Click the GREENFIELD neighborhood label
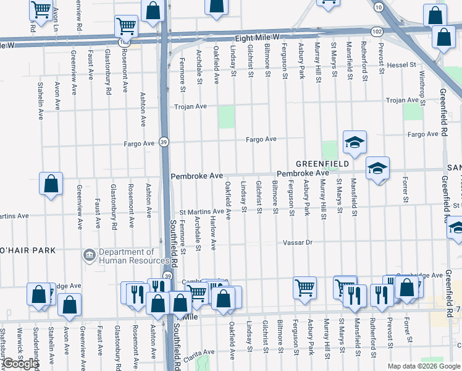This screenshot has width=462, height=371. (x=322, y=163)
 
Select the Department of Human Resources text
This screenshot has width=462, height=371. (x=127, y=256)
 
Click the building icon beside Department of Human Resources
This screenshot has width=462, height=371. (x=90, y=255)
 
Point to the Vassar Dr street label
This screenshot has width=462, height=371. (x=298, y=242)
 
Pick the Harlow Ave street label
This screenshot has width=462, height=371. (x=213, y=233)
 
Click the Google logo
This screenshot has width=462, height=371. (x=20, y=364)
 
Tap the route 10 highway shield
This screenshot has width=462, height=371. (x=378, y=6)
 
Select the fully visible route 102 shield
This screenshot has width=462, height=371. (x=377, y=31)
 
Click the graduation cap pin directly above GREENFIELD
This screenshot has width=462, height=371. (x=355, y=143)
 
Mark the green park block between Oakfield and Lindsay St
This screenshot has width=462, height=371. (x=227, y=116)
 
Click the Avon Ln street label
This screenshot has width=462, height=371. (x=56, y=19)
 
